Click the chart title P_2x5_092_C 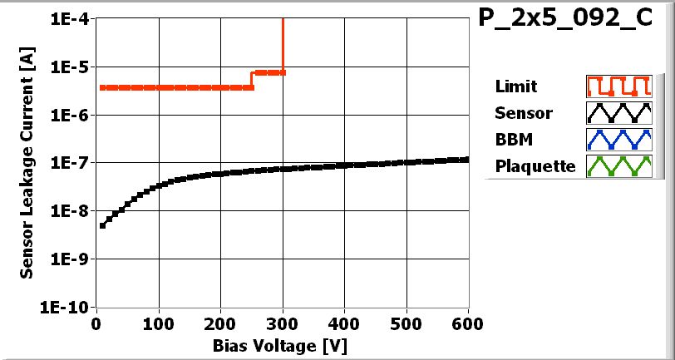coord(566,21)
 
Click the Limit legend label coord(515,86)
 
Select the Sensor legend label coord(523,113)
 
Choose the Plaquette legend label coord(535,166)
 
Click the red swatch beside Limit coord(617,86)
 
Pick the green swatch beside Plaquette coord(617,166)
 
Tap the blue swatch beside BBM coord(617,140)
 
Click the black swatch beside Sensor coord(617,113)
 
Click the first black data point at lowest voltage coord(102,225)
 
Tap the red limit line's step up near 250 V coord(252,80)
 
